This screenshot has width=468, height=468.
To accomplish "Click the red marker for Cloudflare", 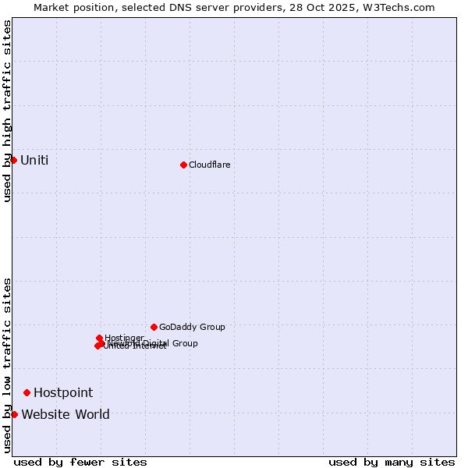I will point(183,165).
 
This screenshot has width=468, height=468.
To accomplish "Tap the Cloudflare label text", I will point(209,165).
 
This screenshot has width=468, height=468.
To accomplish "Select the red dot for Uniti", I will point(13,160).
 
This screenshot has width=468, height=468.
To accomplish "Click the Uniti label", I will point(34,161).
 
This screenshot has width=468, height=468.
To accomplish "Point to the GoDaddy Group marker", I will point(154,327).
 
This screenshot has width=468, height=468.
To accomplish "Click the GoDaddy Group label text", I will point(192,327).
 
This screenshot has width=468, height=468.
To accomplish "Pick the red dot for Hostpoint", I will point(27,392).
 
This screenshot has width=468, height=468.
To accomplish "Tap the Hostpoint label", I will point(63,392).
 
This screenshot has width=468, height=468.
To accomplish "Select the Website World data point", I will point(14,414).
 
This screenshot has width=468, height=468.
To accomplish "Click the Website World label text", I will point(66,414).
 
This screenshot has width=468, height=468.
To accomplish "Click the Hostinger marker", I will point(99,338).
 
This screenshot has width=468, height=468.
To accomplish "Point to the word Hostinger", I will point(125,338).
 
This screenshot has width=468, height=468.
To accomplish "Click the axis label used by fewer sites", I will point(80,462).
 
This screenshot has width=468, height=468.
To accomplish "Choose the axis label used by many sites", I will point(392,462).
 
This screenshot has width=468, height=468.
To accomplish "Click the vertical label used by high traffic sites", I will point(7,111).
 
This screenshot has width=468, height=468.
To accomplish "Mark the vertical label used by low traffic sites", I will point(7,365).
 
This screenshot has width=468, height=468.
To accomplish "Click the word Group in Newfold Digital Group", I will point(184,343).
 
